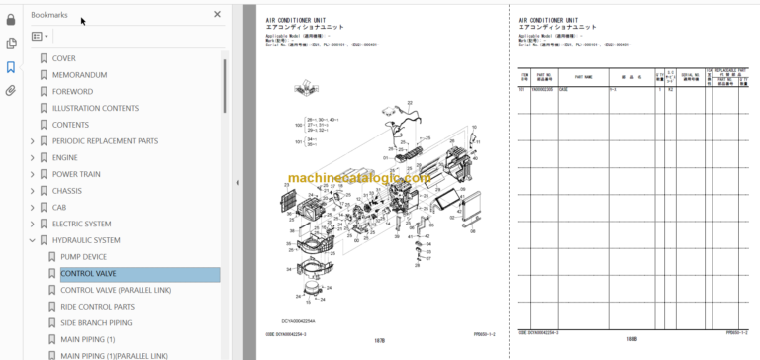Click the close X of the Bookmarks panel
coord(218,14)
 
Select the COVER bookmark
coord(63,58)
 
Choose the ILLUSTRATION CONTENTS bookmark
coord(95,109)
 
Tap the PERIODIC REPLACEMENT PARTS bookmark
coord(105,141)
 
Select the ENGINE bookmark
coord(64,157)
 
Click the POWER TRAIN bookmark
coord(76,174)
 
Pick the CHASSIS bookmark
coord(66,191)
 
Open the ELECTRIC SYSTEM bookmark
coord(81,224)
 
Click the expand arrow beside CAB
coord(32,208)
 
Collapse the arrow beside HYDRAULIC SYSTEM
coord(32,240)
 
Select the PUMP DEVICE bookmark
coord(83,257)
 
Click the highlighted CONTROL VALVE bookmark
coord(88,274)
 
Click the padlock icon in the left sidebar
coord(11,19)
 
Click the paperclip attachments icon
coord(11,90)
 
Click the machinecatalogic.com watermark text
coord(359,179)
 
